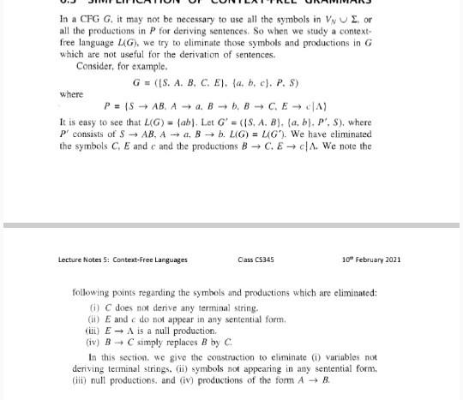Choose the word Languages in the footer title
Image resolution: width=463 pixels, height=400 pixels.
click(168, 260)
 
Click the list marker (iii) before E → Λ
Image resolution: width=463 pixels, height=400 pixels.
click(98, 329)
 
